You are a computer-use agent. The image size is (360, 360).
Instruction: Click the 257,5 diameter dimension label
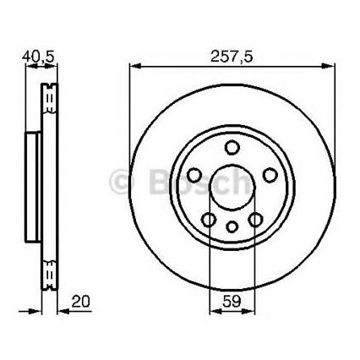[232, 57]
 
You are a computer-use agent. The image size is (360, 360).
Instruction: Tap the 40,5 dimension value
[38, 57]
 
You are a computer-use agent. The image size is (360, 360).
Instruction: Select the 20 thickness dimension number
[80, 302]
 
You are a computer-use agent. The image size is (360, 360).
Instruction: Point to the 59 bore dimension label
[232, 302]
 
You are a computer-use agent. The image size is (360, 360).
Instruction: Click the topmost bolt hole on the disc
[232, 148]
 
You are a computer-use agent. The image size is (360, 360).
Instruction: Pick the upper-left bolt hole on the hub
[194, 175]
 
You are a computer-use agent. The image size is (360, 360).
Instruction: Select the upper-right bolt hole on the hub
[270, 175]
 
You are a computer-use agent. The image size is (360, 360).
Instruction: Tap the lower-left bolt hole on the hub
[209, 220]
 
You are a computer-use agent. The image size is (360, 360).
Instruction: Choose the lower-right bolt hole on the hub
[255, 220]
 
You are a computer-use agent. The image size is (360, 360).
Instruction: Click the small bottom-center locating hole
[232, 226]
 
